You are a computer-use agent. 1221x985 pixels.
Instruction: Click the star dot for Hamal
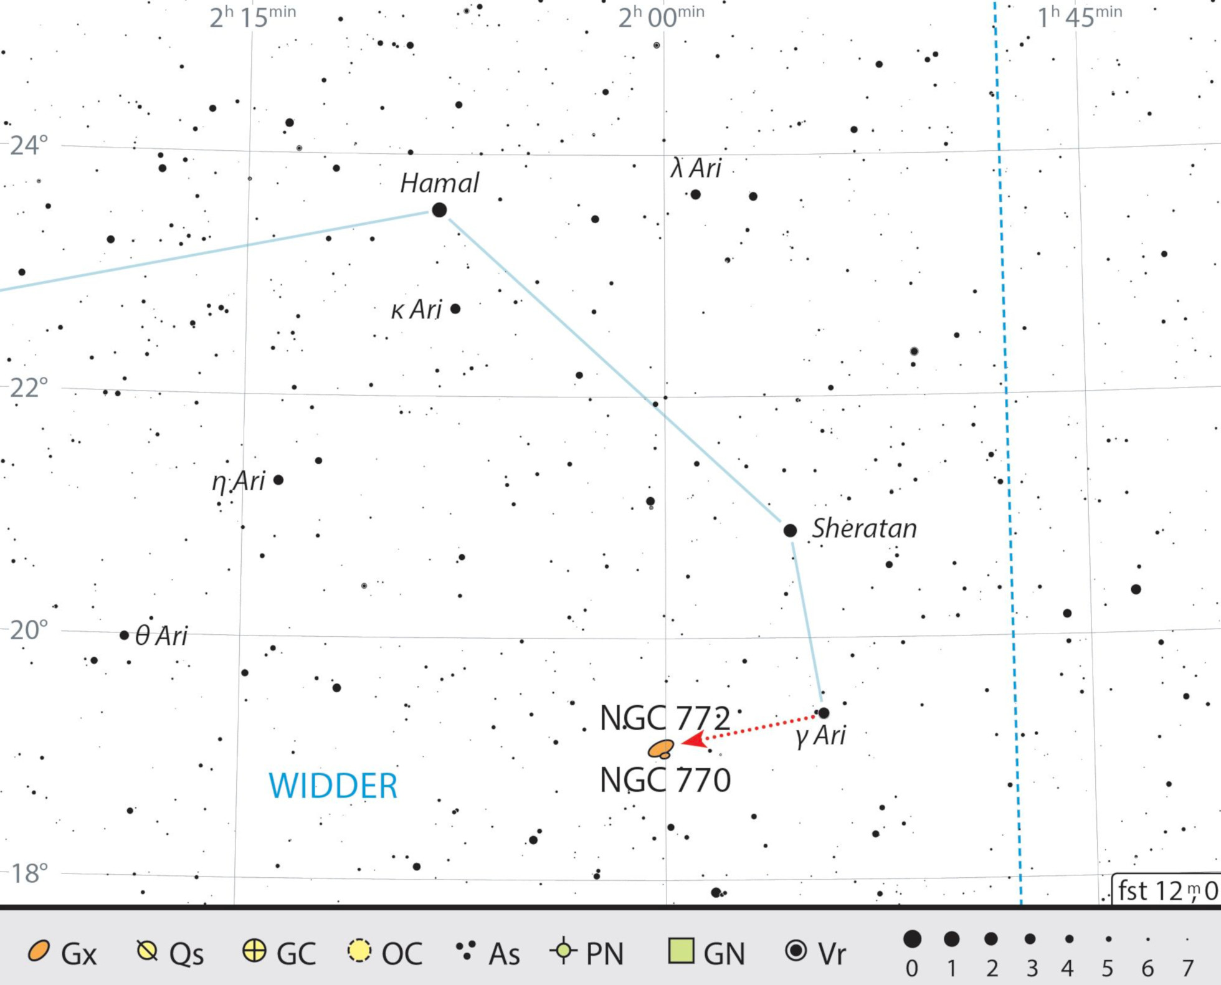[x=439, y=210]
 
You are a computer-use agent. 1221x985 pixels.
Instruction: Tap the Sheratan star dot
[x=790, y=530]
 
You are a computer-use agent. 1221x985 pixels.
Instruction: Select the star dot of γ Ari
[x=824, y=713]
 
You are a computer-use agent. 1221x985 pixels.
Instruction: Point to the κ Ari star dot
[x=455, y=308]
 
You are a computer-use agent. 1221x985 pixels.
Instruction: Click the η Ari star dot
[x=278, y=480]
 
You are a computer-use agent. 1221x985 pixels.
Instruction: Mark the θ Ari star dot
[x=124, y=635]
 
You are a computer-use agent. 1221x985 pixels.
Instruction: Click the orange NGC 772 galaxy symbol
[x=660, y=748]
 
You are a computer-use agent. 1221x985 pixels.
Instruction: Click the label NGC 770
[x=665, y=780]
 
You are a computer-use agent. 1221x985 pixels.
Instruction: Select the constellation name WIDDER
[x=333, y=786]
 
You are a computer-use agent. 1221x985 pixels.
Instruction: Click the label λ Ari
[x=696, y=168]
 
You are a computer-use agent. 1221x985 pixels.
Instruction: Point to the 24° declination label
[x=29, y=145]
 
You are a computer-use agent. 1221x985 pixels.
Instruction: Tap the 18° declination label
[x=29, y=873]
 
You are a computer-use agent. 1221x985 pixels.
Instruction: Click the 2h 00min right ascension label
[x=661, y=16]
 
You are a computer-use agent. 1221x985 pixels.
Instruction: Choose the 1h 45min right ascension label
[x=1079, y=16]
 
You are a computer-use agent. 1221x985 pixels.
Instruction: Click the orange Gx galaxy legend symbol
[x=39, y=951]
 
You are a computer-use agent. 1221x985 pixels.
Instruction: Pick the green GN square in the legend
[x=680, y=951]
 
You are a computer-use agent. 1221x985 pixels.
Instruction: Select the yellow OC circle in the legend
[x=359, y=951]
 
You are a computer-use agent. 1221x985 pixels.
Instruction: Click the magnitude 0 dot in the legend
[x=912, y=939]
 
